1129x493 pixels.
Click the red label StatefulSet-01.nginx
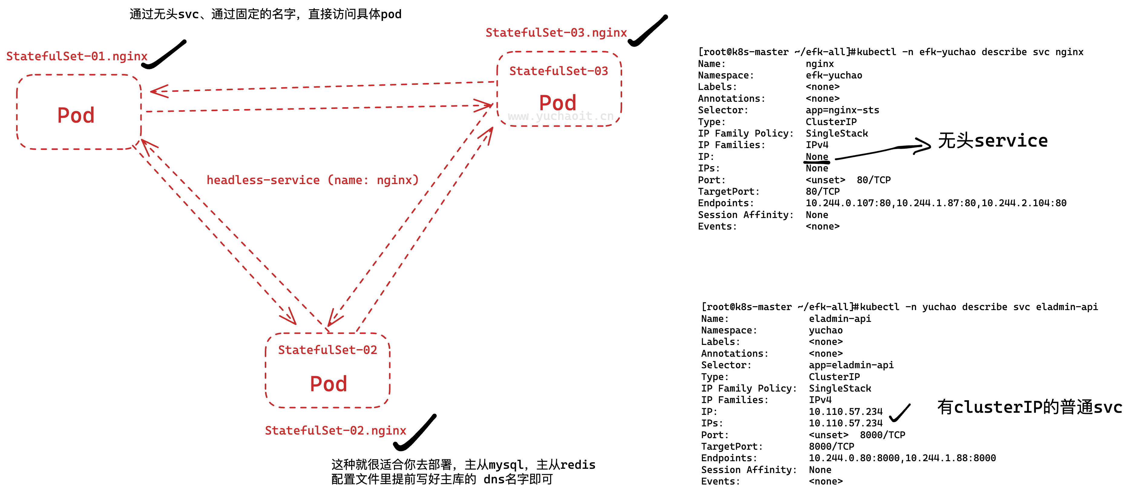pos(77,56)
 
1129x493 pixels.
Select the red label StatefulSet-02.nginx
pos(335,430)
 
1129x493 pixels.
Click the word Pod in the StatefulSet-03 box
pos(557,103)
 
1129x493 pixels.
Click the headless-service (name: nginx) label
pos(313,180)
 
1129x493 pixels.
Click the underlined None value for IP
pos(816,157)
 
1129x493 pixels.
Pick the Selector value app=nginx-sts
pos(842,110)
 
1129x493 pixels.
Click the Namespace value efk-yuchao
pos(834,75)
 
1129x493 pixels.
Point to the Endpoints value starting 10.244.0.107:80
pos(936,203)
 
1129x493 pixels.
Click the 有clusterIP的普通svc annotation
pos(1029,407)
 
